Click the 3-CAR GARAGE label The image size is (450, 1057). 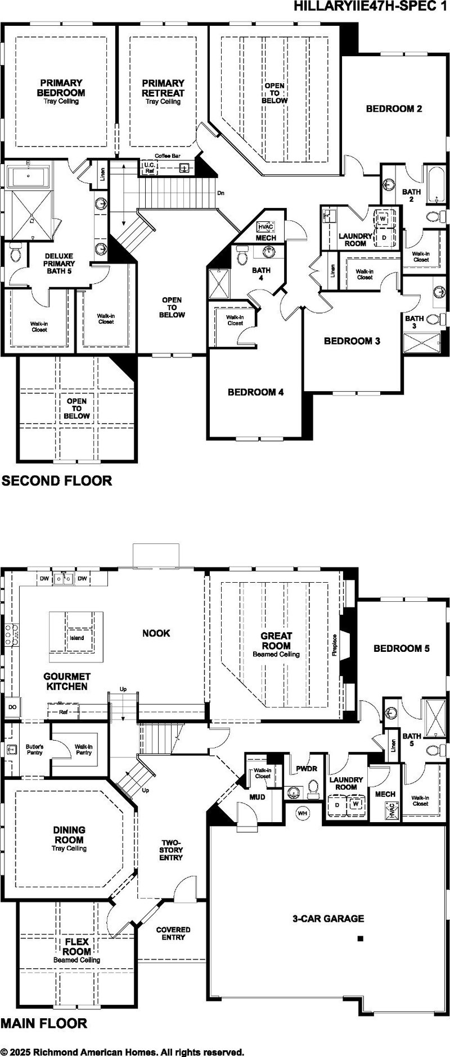[x=328, y=919]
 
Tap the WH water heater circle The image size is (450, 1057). [x=303, y=813]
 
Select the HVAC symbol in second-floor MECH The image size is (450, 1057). [x=265, y=227]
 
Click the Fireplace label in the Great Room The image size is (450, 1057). [x=334, y=645]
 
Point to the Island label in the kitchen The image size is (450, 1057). [x=77, y=638]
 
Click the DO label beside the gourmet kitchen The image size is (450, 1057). [x=12, y=707]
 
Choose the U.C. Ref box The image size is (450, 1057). [x=149, y=167]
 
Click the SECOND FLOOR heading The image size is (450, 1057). [x=57, y=480]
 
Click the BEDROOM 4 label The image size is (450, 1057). [x=255, y=392]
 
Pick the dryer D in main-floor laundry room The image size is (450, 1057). [x=337, y=805]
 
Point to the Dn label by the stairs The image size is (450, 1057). [x=221, y=193]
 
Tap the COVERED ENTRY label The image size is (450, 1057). [x=173, y=933]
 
